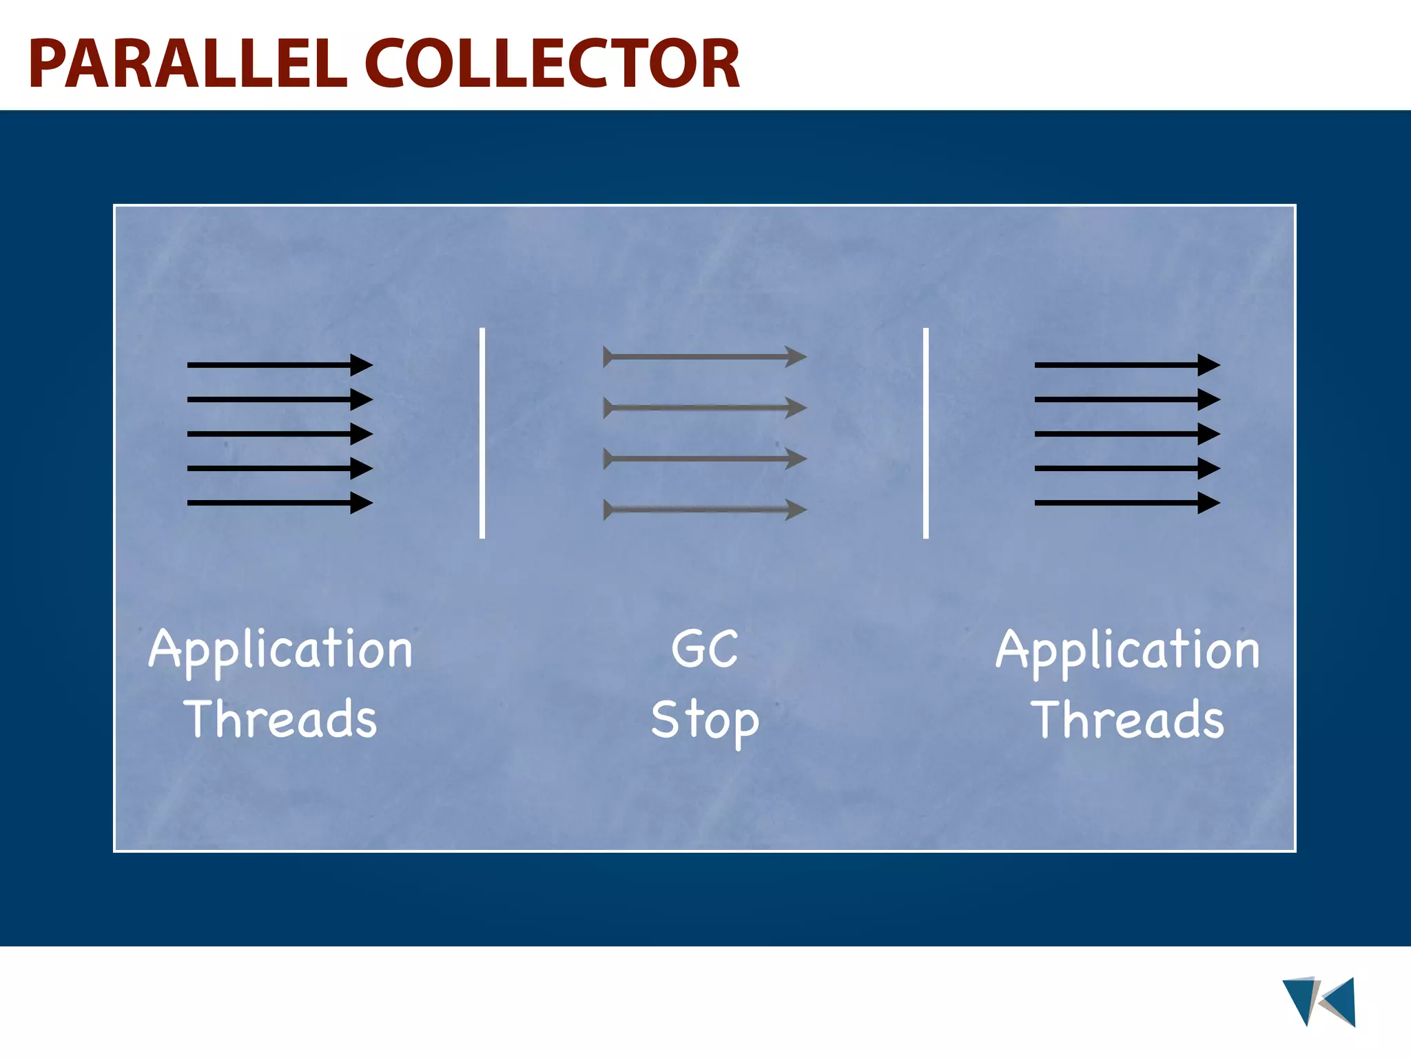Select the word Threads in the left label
pyautogui.click(x=280, y=718)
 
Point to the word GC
pyautogui.click(x=705, y=649)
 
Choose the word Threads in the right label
pyautogui.click(x=1128, y=718)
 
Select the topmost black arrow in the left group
pyautogui.click(x=279, y=364)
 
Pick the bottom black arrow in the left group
pyautogui.click(x=279, y=503)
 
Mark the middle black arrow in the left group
pyautogui.click(x=279, y=434)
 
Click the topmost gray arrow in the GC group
pyautogui.click(x=705, y=357)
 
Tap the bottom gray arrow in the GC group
pyautogui.click(x=705, y=510)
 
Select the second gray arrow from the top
pyautogui.click(x=705, y=408)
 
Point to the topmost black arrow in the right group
pyautogui.click(x=1126, y=364)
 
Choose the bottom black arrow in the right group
pyautogui.click(x=1126, y=503)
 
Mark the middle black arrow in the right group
pyautogui.click(x=1126, y=434)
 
